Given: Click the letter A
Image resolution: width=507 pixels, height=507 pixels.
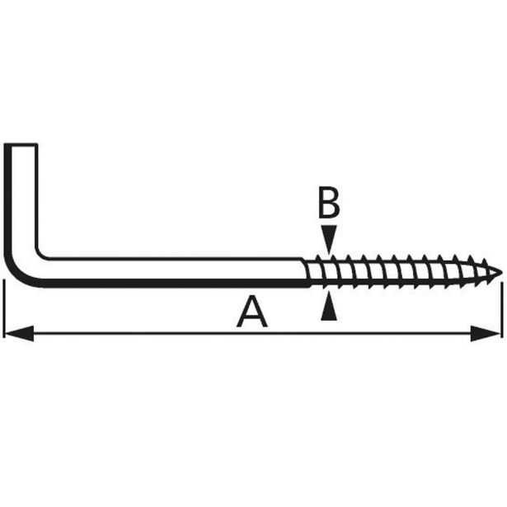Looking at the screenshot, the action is (252, 312).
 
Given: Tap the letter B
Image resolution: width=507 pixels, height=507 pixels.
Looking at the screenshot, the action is (329, 203).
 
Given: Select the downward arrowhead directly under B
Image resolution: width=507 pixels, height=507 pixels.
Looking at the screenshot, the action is (329, 238).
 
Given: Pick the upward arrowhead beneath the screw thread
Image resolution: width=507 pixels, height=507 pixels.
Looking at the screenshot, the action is (329, 306).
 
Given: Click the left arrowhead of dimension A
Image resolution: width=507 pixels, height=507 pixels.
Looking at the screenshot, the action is (20, 333).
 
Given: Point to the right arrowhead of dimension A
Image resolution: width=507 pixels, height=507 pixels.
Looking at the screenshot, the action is (486, 333).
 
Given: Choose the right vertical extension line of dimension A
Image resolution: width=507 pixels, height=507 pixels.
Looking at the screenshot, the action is (502, 310).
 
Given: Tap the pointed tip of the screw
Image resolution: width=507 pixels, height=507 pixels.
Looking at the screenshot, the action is (501, 273).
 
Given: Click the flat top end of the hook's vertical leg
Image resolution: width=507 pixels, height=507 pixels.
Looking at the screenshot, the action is (21, 145).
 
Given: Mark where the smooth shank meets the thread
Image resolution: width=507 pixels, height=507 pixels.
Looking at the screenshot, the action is (307, 273).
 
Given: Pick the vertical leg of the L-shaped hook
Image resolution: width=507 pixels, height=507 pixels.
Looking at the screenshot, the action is (21, 200).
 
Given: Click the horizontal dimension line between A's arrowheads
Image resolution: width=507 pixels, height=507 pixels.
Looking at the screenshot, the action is (252, 333).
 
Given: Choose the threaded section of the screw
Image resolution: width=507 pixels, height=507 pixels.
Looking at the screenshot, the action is (403, 271).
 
